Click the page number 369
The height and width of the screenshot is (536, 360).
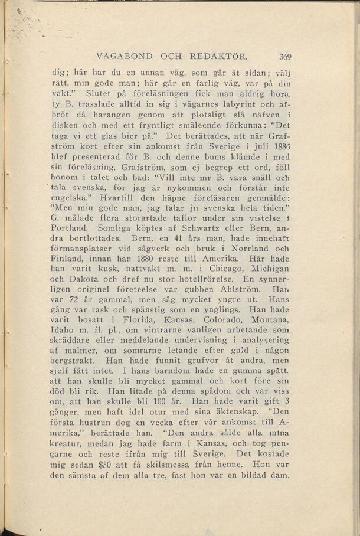pos(286,57)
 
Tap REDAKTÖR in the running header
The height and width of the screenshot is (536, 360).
pos(218,57)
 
